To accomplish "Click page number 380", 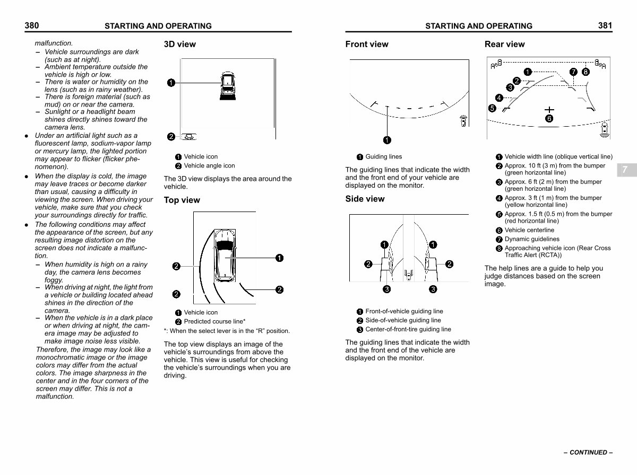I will (32, 25).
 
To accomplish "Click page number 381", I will (605, 25).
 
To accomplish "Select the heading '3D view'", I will (179, 44).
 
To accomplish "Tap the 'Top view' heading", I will (182, 200).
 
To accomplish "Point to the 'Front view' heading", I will (366, 44).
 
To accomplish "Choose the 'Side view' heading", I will (365, 199).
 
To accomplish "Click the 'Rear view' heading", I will (504, 44).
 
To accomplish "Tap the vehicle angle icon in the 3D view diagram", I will (188, 137).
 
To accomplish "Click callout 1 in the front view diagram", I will (387, 140).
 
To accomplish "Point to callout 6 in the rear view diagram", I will (549, 118).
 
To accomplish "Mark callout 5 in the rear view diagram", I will (492, 108).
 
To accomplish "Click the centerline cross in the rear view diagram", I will (549, 110).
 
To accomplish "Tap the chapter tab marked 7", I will (625, 170).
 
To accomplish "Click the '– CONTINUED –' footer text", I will (588, 452).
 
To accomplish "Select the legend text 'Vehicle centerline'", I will (529, 230).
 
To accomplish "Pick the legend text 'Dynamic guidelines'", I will (532, 239).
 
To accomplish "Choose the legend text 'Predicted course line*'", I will (214, 321).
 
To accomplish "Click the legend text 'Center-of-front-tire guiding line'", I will (408, 329).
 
